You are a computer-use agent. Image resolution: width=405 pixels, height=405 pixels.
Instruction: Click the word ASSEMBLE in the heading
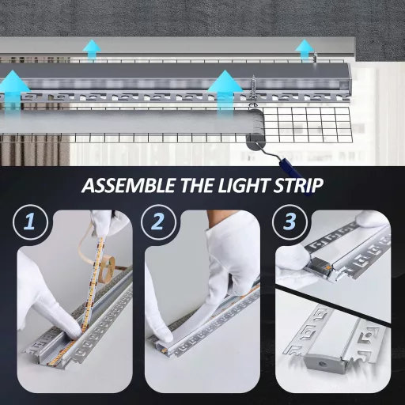pyautogui.click(x=127, y=187)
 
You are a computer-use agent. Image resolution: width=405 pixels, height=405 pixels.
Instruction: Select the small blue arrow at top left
pyautogui.click(x=93, y=50)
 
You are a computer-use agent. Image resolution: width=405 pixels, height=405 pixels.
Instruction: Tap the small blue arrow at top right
pyautogui.click(x=305, y=49)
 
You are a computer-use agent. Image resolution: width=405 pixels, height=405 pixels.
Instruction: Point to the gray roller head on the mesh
pyautogui.click(x=255, y=145)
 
